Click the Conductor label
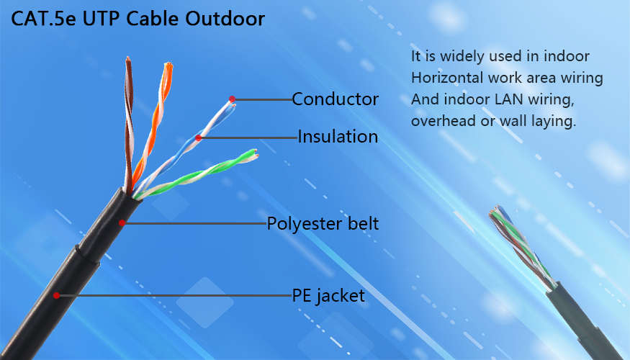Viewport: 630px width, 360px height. click(x=335, y=99)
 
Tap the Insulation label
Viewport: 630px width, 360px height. click(x=338, y=137)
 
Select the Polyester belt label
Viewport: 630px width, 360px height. click(x=323, y=224)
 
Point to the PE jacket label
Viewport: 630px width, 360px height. click(x=328, y=296)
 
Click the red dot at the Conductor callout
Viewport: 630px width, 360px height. click(x=233, y=99)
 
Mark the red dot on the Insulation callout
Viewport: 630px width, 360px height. click(x=199, y=138)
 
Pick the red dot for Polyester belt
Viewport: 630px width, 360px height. click(x=122, y=222)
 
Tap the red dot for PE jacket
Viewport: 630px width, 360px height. click(x=56, y=296)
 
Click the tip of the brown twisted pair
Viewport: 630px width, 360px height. click(x=127, y=58)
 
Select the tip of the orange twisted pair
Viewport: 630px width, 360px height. click(x=168, y=64)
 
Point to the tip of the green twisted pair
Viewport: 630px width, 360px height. click(x=255, y=153)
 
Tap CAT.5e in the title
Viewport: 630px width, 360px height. click(x=43, y=19)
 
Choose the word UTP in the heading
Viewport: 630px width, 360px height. click(x=102, y=19)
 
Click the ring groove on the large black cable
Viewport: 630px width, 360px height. click(x=87, y=256)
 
